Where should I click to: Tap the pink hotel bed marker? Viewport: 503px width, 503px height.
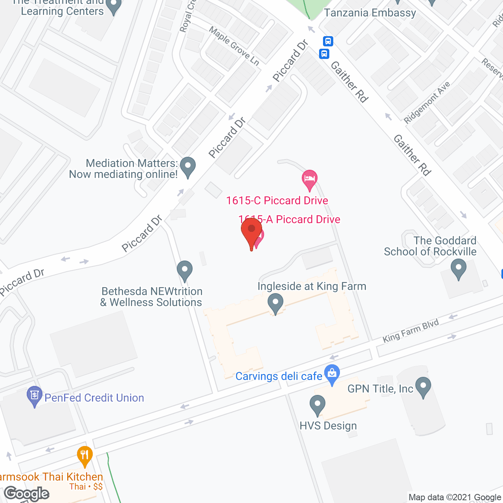point(310,179)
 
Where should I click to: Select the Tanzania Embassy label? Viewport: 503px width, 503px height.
point(370,13)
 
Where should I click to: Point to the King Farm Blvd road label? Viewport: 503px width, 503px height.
point(411,331)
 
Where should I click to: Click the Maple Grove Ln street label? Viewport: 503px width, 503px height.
point(234,46)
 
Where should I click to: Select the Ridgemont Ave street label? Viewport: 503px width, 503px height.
point(427,103)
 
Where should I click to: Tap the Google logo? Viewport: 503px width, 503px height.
point(27,494)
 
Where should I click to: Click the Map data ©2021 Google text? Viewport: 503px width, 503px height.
point(455,497)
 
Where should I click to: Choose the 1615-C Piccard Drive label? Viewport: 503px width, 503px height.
point(277,200)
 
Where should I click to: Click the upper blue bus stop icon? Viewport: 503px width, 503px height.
point(328,41)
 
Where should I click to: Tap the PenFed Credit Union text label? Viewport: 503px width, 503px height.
point(94,398)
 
